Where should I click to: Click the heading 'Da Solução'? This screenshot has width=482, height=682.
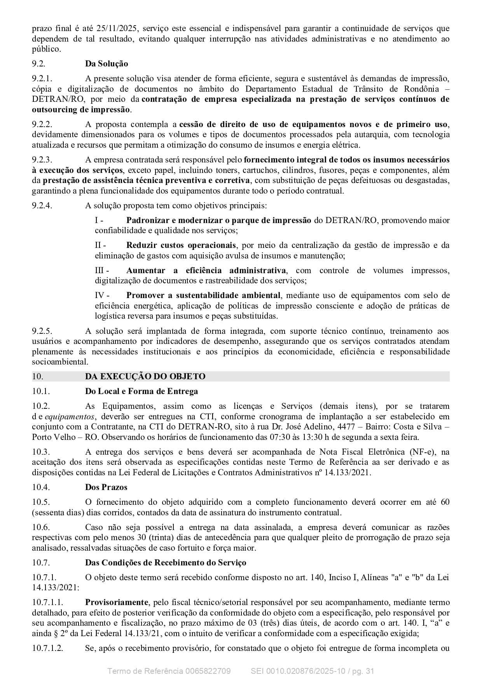(x=107, y=64)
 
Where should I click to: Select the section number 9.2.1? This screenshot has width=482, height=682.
(x=42, y=78)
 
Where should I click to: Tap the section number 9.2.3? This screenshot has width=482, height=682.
(x=42, y=160)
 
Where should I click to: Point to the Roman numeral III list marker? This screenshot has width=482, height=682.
(x=102, y=270)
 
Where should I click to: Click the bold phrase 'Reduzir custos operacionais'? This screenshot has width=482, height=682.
(x=181, y=245)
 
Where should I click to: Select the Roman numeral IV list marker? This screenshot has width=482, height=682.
(x=102, y=295)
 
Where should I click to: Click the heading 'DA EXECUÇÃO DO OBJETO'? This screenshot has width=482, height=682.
(x=145, y=376)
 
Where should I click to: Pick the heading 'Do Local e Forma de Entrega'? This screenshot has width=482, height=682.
(x=141, y=391)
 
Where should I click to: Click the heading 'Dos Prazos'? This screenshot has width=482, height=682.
(x=106, y=487)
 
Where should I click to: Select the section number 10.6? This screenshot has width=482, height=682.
(x=41, y=527)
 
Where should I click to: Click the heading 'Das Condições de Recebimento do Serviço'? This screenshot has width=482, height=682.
(x=166, y=563)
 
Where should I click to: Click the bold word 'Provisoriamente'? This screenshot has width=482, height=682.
(x=117, y=603)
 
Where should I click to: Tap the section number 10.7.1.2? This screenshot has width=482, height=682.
(x=47, y=648)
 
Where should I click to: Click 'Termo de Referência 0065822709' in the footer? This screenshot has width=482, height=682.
(x=169, y=671)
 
